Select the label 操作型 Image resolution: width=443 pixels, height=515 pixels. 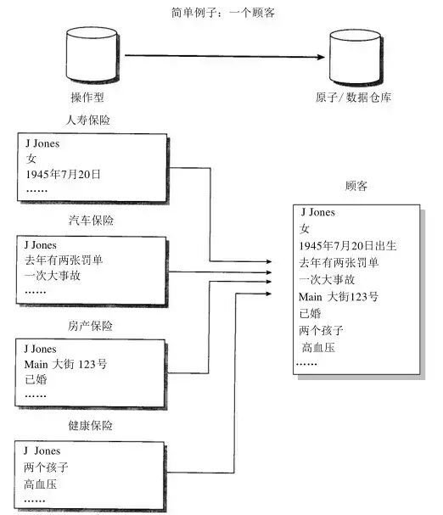pos(87,98)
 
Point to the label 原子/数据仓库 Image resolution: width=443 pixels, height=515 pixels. pos(356,98)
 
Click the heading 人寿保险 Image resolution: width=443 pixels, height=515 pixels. pos(89,120)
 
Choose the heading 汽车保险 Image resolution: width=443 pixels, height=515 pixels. pos(91,221)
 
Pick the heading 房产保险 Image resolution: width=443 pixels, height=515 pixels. pos(91,326)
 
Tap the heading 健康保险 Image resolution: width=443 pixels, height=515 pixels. pos(91,425)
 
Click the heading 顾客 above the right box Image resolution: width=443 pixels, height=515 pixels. pos(357,185)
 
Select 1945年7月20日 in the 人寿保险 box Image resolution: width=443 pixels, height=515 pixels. pos(64,173)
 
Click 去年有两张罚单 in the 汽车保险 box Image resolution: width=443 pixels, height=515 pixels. pos(69,260)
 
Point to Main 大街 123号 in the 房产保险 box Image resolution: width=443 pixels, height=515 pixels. pos(67,364)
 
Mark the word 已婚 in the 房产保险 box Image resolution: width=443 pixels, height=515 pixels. pos(36,379)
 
